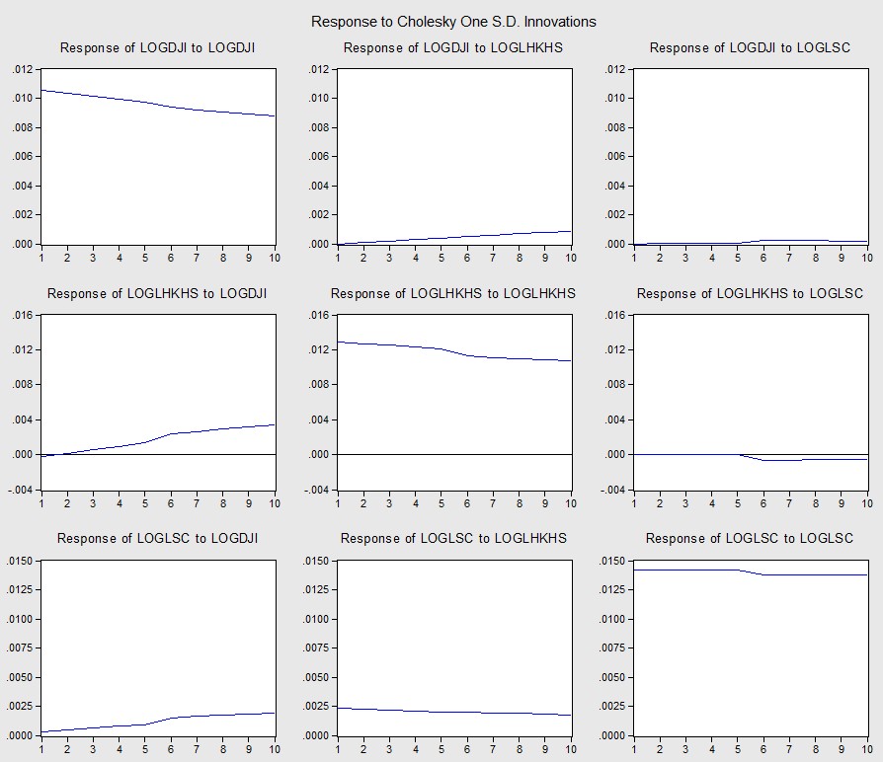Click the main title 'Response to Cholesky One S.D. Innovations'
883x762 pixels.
pyautogui.click(x=453, y=22)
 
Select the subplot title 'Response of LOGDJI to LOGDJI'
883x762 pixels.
pyautogui.click(x=158, y=47)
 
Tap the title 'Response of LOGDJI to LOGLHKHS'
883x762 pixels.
pyautogui.click(x=454, y=47)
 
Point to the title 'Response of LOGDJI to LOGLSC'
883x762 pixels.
pyautogui.click(x=750, y=47)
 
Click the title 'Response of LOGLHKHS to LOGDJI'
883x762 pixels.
pyautogui.click(x=157, y=293)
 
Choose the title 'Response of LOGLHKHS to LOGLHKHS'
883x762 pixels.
pyautogui.click(x=453, y=293)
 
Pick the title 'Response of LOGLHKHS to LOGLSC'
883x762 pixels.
pyautogui.click(x=750, y=293)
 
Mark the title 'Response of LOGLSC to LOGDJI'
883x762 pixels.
pyautogui.click(x=157, y=538)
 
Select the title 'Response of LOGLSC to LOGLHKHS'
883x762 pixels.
pyautogui.click(x=453, y=538)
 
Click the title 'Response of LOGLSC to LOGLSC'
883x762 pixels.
pyautogui.click(x=750, y=538)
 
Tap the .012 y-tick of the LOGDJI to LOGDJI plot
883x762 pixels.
pyautogui.click(x=23, y=69)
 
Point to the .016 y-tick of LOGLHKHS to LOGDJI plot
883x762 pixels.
pyautogui.click(x=23, y=315)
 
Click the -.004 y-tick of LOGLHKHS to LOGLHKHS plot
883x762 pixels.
pyautogui.click(x=317, y=490)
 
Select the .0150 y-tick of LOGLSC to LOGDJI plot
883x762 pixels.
pyautogui.click(x=20, y=561)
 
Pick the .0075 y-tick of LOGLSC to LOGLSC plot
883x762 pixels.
pyautogui.click(x=611, y=648)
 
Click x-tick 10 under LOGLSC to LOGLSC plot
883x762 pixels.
pyautogui.click(x=866, y=748)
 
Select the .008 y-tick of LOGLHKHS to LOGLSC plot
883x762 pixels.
pyautogui.click(x=615, y=385)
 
